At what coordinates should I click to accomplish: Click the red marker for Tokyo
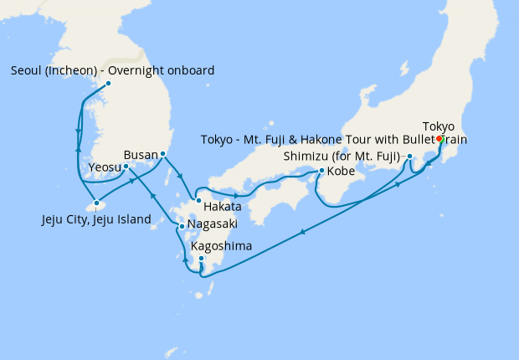(439, 139)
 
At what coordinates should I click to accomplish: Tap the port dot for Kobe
(322, 172)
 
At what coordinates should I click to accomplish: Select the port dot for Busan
(162, 155)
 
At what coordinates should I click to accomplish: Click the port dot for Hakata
(198, 200)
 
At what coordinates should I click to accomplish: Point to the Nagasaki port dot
(182, 226)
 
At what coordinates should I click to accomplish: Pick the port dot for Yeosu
(126, 166)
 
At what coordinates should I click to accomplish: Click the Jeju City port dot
(98, 203)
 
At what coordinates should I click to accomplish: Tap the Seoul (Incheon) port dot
(109, 84)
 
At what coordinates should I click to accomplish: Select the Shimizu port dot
(409, 157)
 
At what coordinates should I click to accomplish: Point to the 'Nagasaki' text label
(213, 224)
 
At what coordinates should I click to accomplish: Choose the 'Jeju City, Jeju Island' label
(96, 220)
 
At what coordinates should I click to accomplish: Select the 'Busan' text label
(139, 155)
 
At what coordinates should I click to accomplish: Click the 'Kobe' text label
(341, 172)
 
